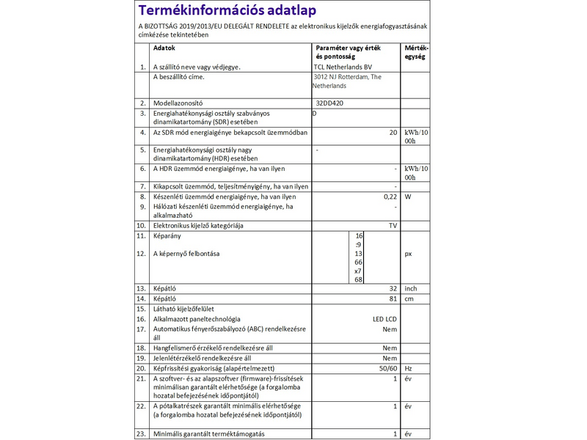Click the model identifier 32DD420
[329, 103]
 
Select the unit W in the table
[407, 197]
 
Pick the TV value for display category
[393, 225]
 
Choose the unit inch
[411, 288]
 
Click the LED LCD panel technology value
[385, 320]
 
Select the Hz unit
[408, 367]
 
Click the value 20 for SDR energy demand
[393, 133]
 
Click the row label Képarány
[166, 236]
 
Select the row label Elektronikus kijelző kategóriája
[197, 225]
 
